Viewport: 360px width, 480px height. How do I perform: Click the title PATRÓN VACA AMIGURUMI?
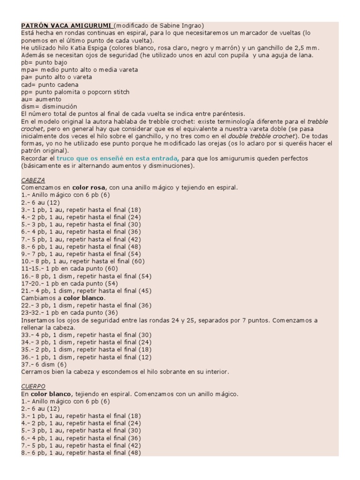[66, 25]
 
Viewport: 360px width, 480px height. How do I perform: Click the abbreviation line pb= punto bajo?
[44, 62]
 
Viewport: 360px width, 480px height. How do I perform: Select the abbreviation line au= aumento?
[41, 100]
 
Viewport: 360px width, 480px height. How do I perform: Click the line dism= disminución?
[49, 107]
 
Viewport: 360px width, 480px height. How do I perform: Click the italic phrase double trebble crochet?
[262, 136]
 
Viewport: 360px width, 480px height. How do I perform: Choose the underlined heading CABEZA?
[33, 180]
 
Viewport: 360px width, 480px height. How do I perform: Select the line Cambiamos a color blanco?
[63, 298]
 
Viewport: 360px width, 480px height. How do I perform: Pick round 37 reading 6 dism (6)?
[44, 364]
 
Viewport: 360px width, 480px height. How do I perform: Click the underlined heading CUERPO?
[33, 386]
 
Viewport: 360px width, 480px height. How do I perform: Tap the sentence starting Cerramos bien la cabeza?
[125, 372]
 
